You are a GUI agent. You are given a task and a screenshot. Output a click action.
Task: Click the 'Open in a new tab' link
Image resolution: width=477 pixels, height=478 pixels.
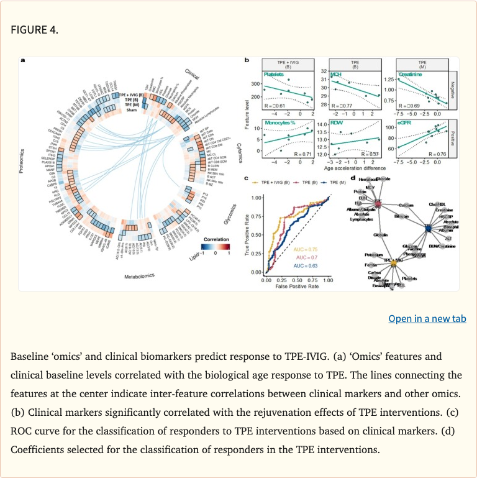[x=427, y=319]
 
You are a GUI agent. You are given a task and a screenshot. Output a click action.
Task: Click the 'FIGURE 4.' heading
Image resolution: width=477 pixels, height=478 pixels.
[x=34, y=29]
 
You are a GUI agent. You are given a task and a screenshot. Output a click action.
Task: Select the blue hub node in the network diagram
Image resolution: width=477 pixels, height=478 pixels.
[x=428, y=229]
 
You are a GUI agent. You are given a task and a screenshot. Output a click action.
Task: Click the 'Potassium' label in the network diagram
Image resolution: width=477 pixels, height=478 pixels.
[x=373, y=255]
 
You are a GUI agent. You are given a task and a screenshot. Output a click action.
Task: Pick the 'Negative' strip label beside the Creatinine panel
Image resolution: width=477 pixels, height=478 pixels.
[x=452, y=88]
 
